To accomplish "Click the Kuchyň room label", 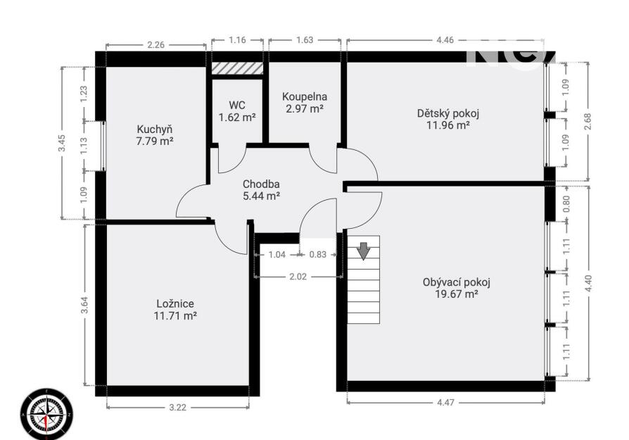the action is (155, 130).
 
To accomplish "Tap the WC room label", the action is (237, 106).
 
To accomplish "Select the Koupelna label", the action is (305, 96).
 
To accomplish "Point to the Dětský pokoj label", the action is (448, 113).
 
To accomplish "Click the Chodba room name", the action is (261, 184).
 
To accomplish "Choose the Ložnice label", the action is (175, 304).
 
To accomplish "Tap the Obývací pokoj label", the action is (457, 282).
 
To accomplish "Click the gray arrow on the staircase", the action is (364, 251).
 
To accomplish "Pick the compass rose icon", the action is (47, 414).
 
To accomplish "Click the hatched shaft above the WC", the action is (238, 68).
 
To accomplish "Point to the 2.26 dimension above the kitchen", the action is (155, 45).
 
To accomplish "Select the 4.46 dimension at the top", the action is (445, 39).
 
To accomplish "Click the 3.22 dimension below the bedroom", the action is (178, 408).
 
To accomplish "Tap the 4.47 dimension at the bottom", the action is (445, 402).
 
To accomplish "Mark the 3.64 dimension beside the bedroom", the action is (84, 305).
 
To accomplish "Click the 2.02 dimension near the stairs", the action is (298, 277).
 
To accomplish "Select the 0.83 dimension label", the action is (318, 255).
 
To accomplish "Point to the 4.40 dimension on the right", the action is (588, 284).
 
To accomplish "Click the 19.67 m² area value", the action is (457, 294).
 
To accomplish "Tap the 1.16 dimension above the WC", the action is (238, 39).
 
